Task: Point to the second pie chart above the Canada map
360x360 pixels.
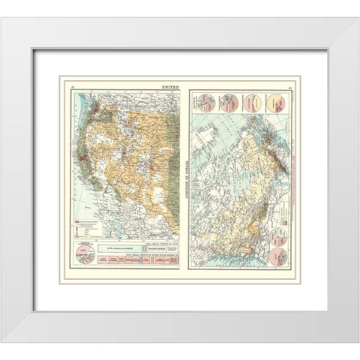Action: [229, 103]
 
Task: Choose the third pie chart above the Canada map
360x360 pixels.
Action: [252, 103]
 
